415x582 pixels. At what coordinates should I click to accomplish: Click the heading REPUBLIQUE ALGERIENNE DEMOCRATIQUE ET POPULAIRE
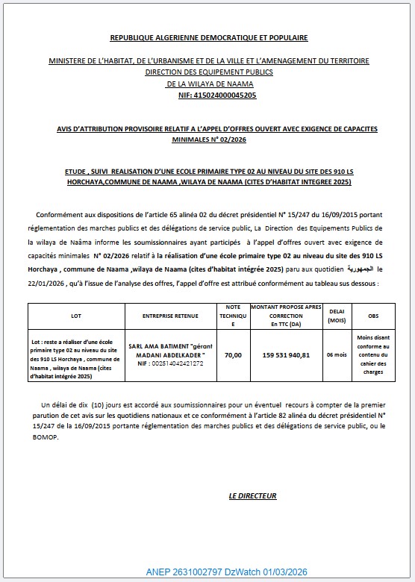pyautogui.click(x=208, y=37)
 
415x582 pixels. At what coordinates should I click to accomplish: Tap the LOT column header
pyautogui.click(x=75, y=316)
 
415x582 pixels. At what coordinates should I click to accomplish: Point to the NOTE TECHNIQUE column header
pyautogui.click(x=233, y=316)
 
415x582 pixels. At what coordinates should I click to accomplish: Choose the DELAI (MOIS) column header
pyautogui.click(x=331, y=316)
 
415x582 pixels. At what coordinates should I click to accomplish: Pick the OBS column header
pyautogui.click(x=373, y=316)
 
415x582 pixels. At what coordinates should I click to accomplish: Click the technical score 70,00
pyautogui.click(x=233, y=355)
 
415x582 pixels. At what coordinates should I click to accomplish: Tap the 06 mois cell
pyautogui.click(x=331, y=355)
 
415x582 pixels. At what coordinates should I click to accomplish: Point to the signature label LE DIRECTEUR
pyautogui.click(x=252, y=495)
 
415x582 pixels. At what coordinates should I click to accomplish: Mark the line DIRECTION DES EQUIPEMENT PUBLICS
pyautogui.click(x=208, y=72)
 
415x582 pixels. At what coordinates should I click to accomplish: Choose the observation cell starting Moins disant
pyautogui.click(x=373, y=355)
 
